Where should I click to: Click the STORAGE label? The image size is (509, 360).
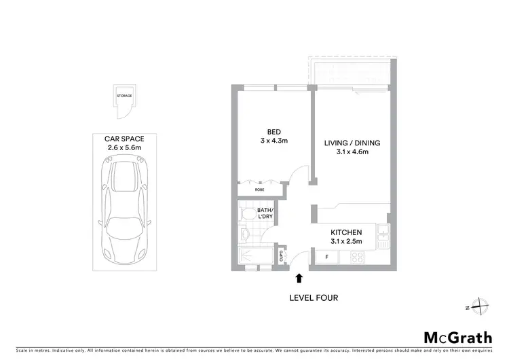click(x=124, y=96)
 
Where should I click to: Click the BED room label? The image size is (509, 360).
click(x=274, y=132)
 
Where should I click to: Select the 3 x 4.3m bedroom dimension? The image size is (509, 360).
click(x=274, y=141)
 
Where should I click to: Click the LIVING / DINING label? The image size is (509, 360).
click(x=352, y=143)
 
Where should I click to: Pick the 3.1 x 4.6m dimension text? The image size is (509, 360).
click(x=352, y=152)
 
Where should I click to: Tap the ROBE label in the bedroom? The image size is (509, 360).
click(x=259, y=190)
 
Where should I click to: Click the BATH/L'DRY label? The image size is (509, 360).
click(x=266, y=214)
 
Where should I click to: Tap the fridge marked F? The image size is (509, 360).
click(x=327, y=257)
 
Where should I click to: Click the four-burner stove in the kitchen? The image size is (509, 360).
click(x=358, y=257)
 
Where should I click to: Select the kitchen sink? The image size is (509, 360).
click(x=383, y=238)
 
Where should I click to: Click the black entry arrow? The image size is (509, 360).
click(x=299, y=277)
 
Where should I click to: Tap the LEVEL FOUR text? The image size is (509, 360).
click(x=314, y=298)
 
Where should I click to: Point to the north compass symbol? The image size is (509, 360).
click(x=479, y=307)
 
